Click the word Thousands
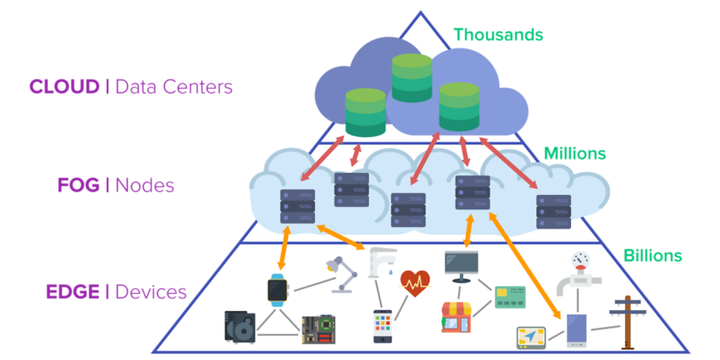(x=498, y=36)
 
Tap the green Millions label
(x=575, y=153)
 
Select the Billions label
(x=652, y=255)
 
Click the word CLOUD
(x=64, y=86)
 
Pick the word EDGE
(x=73, y=292)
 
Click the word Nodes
(x=145, y=186)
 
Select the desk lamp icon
(x=336, y=274)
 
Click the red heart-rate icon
(x=417, y=281)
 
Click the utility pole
(x=629, y=323)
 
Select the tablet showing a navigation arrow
(x=531, y=337)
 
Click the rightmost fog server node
(x=553, y=212)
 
